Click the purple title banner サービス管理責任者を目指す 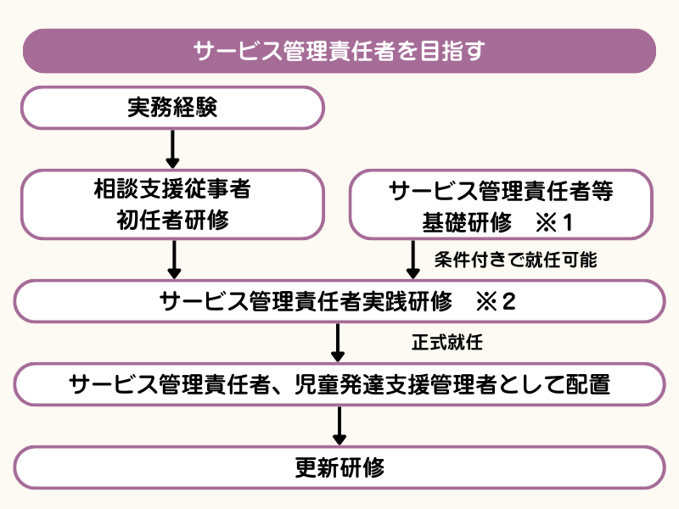pyautogui.click(x=339, y=51)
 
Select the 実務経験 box pyautogui.click(x=172, y=108)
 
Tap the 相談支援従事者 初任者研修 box pyautogui.click(x=172, y=204)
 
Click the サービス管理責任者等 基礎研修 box pyautogui.click(x=501, y=204)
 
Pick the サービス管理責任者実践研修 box pyautogui.click(x=339, y=302)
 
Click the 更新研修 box pyautogui.click(x=339, y=467)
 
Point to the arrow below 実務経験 pyautogui.click(x=172, y=149)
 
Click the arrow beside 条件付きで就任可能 pyautogui.click(x=413, y=260)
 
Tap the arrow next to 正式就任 pyautogui.click(x=339, y=343)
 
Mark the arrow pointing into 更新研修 pyautogui.click(x=339, y=426)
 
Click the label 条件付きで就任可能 pyautogui.click(x=515, y=260)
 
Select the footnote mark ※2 pyautogui.click(x=497, y=302)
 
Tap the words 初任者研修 pyautogui.click(x=172, y=221)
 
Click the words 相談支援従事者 pyautogui.click(x=172, y=189)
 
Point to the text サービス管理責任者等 pyautogui.click(x=501, y=189)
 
